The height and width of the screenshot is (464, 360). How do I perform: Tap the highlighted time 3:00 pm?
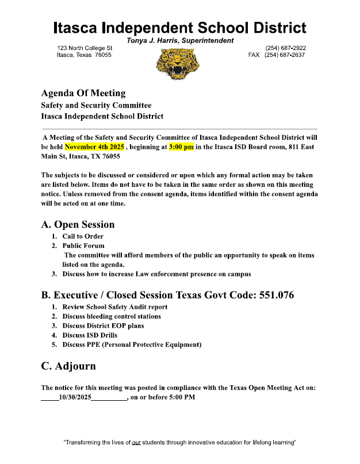tap(181, 147)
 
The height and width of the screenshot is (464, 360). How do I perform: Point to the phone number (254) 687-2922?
tap(285, 48)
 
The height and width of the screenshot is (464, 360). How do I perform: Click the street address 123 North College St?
tap(85, 48)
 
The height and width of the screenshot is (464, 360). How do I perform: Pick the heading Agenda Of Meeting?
tap(83, 93)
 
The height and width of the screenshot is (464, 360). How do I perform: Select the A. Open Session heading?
tap(78, 224)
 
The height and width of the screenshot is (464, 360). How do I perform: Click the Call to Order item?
tap(83, 236)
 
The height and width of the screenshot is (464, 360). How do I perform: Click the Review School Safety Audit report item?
tap(115, 307)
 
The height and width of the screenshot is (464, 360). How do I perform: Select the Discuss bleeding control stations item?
tap(112, 316)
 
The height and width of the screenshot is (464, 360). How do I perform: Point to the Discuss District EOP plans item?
tap(103, 325)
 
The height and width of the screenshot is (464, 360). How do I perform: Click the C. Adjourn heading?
tap(68, 366)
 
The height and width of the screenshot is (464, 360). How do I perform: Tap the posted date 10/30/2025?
tap(75, 397)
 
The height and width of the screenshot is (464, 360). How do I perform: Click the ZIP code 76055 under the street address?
tap(104, 55)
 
